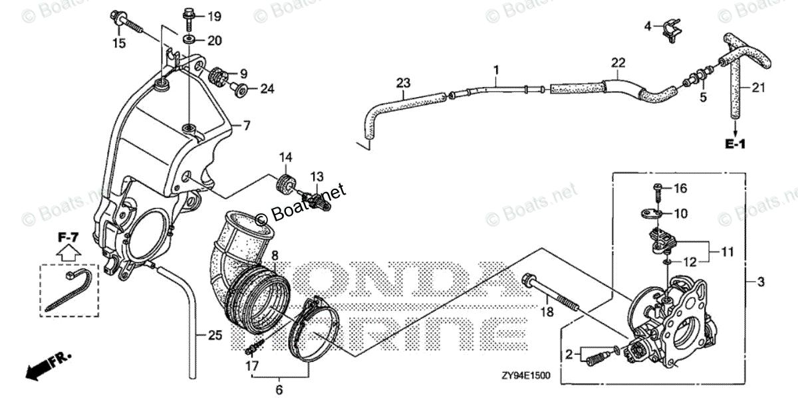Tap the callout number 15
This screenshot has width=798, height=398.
118,44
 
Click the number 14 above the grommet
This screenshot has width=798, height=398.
286,157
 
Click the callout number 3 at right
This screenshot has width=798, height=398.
761,282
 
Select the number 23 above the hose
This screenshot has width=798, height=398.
403,83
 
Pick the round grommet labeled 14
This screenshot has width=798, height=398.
286,183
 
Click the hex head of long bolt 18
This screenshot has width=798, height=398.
529,279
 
